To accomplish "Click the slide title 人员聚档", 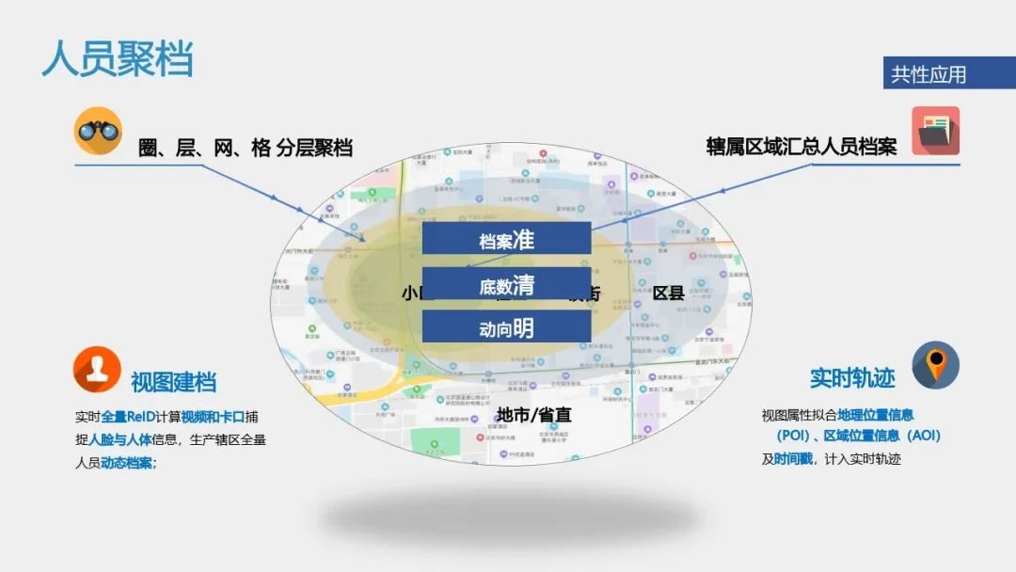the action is tap(118, 58).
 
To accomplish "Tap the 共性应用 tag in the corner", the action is tap(929, 74).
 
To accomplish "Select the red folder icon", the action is tap(935, 131).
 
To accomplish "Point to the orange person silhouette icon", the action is tap(98, 370).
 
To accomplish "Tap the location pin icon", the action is tap(935, 364).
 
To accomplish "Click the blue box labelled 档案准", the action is tap(506, 239).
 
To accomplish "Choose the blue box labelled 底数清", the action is tap(506, 284).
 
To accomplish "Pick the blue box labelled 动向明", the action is tap(506, 327).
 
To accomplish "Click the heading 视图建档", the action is tap(174, 382).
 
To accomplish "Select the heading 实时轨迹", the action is tap(852, 378).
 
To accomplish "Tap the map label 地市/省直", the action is tap(533, 415).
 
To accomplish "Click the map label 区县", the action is tap(669, 293).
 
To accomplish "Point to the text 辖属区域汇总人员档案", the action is tap(802, 147).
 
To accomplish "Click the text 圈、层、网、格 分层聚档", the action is tap(246, 148).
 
